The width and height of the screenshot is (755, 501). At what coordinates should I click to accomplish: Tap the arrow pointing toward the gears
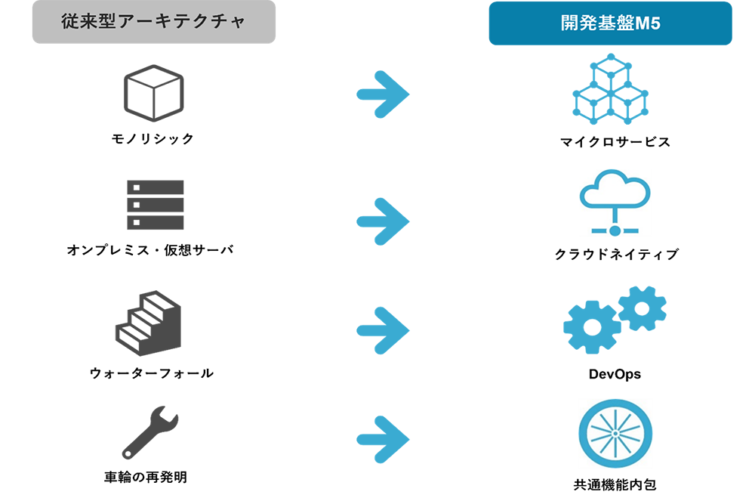pyautogui.click(x=383, y=326)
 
